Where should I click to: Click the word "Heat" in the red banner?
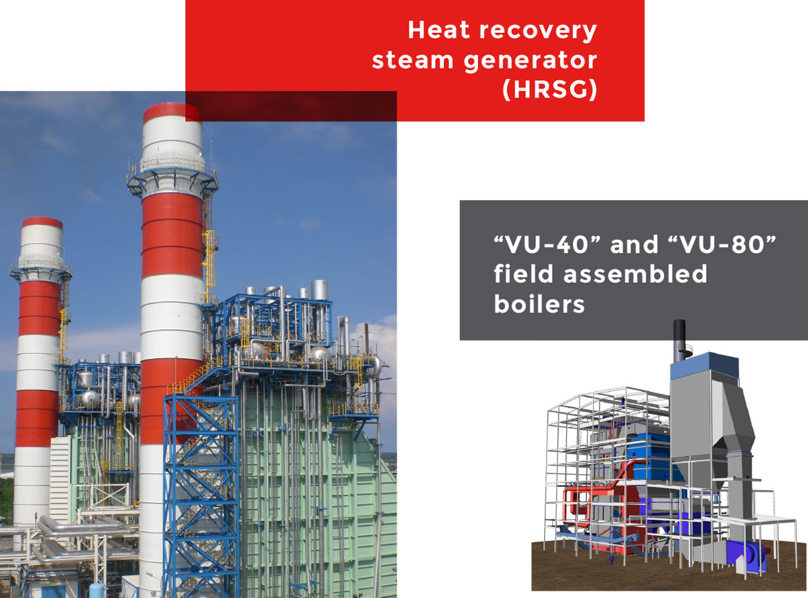tap(438, 30)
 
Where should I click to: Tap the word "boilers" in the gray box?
tap(539, 304)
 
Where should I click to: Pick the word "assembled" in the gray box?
tap(636, 273)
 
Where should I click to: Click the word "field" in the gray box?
tap(524, 273)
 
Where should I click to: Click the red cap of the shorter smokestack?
tap(42, 222)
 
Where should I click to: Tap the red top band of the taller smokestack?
tap(172, 112)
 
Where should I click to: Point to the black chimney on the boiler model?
tap(679, 340)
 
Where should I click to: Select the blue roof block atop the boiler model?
tap(704, 367)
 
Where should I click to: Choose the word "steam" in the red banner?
tap(413, 60)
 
